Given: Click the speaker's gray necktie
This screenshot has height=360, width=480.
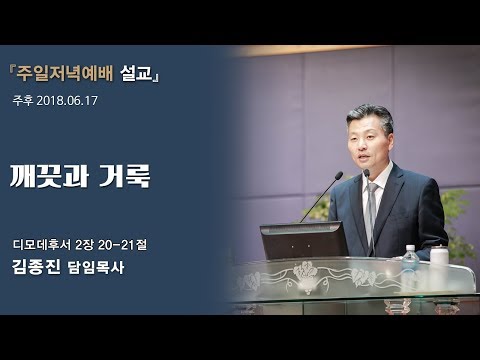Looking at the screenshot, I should click(x=371, y=205).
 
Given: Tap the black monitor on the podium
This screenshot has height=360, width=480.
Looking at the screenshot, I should click(x=303, y=240).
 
